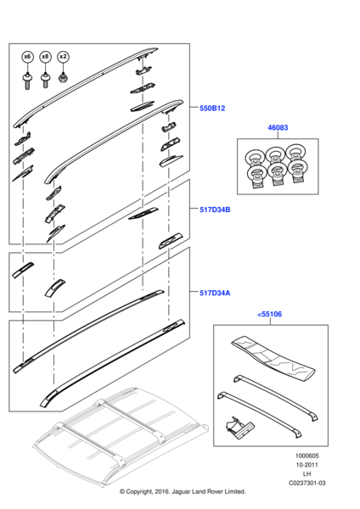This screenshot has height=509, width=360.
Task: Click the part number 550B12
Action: (x=212, y=108)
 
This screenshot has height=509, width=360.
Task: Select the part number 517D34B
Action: (x=215, y=210)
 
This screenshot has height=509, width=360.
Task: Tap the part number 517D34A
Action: (x=215, y=293)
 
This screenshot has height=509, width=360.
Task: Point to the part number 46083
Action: (x=278, y=127)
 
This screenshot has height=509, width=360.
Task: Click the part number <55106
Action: (x=270, y=314)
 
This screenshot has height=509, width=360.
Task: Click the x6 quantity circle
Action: (x=28, y=57)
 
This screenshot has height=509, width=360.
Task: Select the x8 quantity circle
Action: (x=46, y=57)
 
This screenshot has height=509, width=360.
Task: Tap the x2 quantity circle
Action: (x=63, y=57)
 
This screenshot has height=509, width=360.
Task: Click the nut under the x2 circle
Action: (x=63, y=78)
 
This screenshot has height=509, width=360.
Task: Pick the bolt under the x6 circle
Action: (x=28, y=81)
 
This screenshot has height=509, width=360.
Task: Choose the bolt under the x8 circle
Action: (x=46, y=81)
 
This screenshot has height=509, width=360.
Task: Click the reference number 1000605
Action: (x=307, y=456)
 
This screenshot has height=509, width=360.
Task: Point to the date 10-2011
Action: (x=307, y=465)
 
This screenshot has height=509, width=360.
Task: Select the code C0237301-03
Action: (x=307, y=483)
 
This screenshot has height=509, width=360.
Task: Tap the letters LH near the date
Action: (x=307, y=474)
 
